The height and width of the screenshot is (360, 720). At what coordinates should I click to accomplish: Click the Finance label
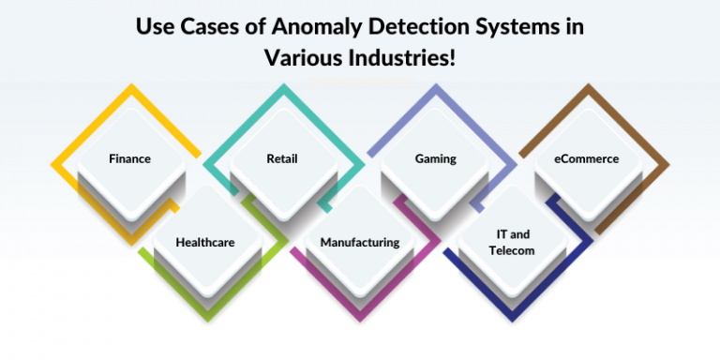(129, 158)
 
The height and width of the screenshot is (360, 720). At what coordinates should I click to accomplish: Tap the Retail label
(282, 158)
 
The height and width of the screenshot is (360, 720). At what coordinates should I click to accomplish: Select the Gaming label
(436, 158)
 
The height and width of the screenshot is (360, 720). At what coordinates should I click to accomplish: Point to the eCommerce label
(587, 158)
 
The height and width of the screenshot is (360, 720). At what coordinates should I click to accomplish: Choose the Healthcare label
(205, 242)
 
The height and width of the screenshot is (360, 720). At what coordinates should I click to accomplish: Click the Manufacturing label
(360, 242)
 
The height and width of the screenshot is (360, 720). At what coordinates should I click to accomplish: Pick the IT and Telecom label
(512, 242)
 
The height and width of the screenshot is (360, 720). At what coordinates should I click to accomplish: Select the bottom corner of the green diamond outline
(205, 318)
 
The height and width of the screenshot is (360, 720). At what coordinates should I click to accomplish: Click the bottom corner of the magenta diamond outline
(360, 318)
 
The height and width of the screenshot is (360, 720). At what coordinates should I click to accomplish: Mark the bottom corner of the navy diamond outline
(513, 318)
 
